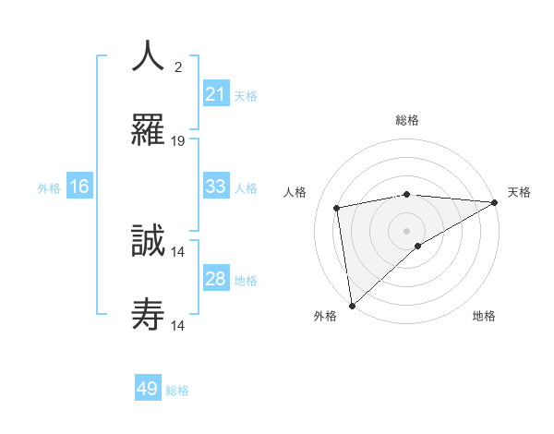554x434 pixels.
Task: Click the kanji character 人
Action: coord(148,56)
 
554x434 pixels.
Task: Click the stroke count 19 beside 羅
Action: coord(178,141)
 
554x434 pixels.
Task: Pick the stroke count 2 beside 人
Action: coord(178,66)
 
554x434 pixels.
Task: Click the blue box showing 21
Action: coord(215,94)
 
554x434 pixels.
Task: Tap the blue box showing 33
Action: coord(215,187)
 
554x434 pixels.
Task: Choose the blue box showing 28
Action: coord(215,279)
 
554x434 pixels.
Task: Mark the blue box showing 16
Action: coord(79,187)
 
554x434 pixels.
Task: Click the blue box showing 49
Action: coord(148,389)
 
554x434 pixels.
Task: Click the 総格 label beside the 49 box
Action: coord(177,391)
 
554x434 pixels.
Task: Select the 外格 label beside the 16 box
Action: coord(49,187)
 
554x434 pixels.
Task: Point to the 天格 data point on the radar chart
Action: coord(495,202)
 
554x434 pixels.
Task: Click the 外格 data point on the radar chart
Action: coord(352,305)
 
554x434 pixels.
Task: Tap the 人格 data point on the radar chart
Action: coord(338,208)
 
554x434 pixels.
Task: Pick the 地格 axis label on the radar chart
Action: coord(484,317)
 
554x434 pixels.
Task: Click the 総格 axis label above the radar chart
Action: coord(407,120)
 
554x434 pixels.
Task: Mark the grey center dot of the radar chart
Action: coord(407,230)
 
